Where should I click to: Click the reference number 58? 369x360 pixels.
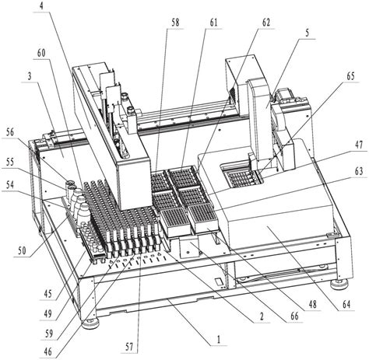[175, 23]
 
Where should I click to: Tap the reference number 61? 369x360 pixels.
[213, 23]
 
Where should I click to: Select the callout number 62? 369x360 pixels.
[265, 23]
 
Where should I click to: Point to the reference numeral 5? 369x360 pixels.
[307, 33]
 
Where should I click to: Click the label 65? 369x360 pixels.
[350, 76]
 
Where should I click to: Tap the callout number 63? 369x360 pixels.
[359, 172]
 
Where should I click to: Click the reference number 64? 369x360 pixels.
[346, 304]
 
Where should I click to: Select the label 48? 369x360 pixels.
[312, 304]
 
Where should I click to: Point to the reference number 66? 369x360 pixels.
[294, 316]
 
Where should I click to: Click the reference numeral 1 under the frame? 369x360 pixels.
[219, 339]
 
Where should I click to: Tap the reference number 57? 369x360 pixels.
[129, 347]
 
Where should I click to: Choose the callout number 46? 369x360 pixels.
[48, 351]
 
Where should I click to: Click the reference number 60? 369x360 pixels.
[41, 53]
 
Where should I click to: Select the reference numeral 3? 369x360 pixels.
[30, 77]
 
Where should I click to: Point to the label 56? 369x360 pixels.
[10, 132]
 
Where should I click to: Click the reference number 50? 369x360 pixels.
[22, 251]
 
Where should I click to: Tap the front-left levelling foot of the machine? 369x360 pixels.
[90, 323]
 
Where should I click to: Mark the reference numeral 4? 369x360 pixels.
[41, 6]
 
